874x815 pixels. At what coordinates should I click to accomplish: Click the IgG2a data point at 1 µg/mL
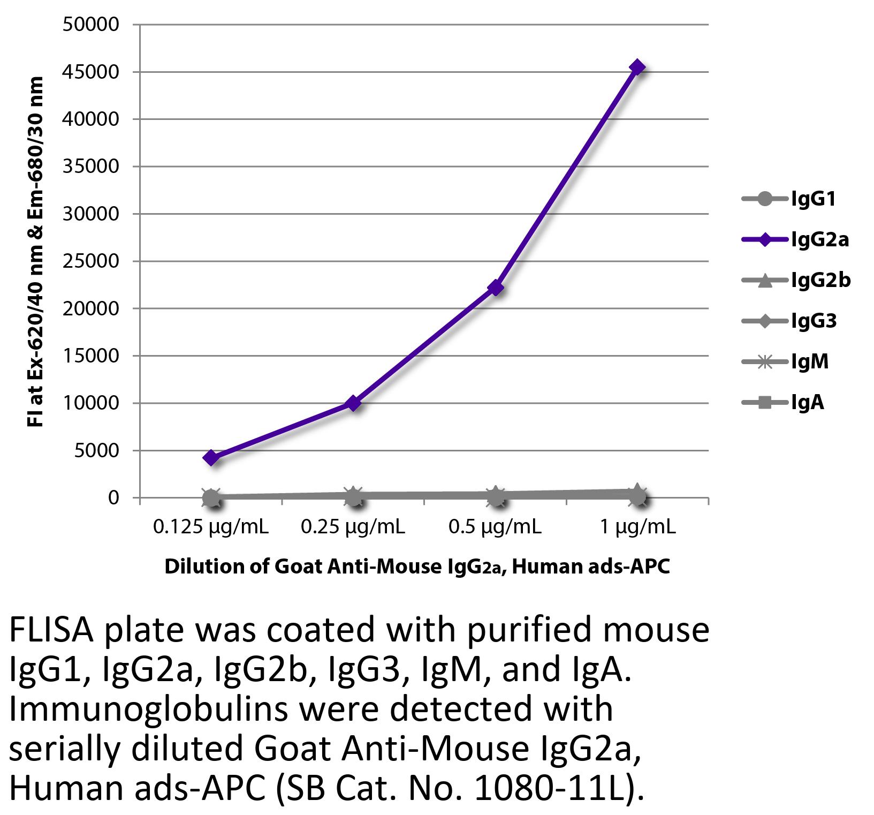[637, 67]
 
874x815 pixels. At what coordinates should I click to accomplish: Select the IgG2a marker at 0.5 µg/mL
[496, 288]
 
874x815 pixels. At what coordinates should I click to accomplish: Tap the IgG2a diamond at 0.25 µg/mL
[353, 403]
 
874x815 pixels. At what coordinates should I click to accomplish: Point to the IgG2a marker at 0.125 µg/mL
[211, 458]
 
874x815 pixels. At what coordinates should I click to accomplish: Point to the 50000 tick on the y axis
[90, 25]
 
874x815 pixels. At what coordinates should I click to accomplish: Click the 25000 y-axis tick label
[90, 261]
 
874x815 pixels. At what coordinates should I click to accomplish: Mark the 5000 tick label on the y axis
[97, 451]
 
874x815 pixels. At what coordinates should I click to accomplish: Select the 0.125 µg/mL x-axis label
[211, 528]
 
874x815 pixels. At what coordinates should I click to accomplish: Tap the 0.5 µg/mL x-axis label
[495, 528]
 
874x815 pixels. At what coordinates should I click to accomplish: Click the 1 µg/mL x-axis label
[637, 528]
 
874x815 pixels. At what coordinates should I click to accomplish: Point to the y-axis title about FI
[35, 252]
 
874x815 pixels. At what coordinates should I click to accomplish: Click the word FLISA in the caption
[51, 631]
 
